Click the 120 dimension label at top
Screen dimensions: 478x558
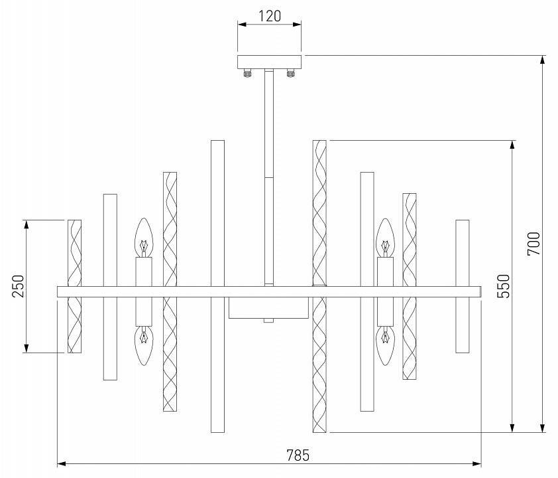[x=269, y=15]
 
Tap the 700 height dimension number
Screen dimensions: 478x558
[x=534, y=244]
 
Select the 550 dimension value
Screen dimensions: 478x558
[x=503, y=285]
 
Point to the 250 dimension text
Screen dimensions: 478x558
[x=18, y=286]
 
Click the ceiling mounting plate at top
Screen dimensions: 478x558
[x=269, y=62]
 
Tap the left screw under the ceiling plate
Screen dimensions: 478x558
[x=249, y=73]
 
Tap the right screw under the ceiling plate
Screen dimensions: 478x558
[x=290, y=73]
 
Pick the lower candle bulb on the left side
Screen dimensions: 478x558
[x=144, y=345]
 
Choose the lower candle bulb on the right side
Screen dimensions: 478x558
[x=385, y=345]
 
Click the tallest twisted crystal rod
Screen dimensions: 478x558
[x=320, y=285]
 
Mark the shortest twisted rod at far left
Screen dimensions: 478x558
[x=75, y=285]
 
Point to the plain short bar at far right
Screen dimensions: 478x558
[x=463, y=285]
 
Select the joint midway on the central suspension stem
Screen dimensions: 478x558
[x=268, y=177]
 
